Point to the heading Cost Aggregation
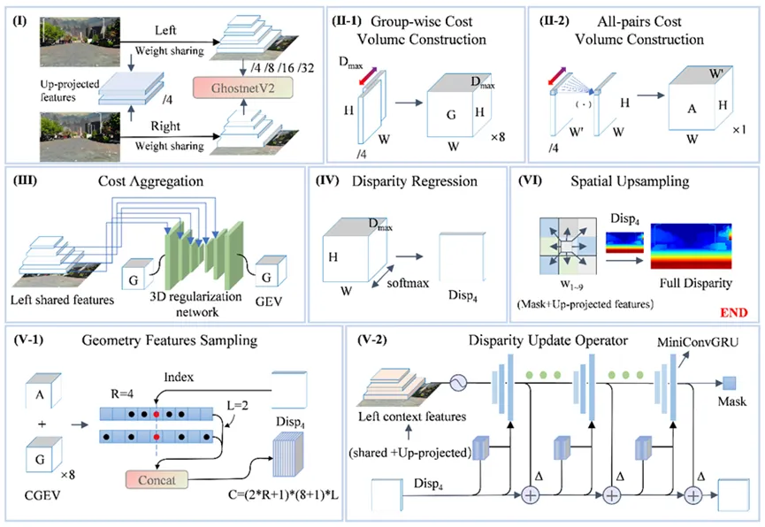point(156,181)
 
